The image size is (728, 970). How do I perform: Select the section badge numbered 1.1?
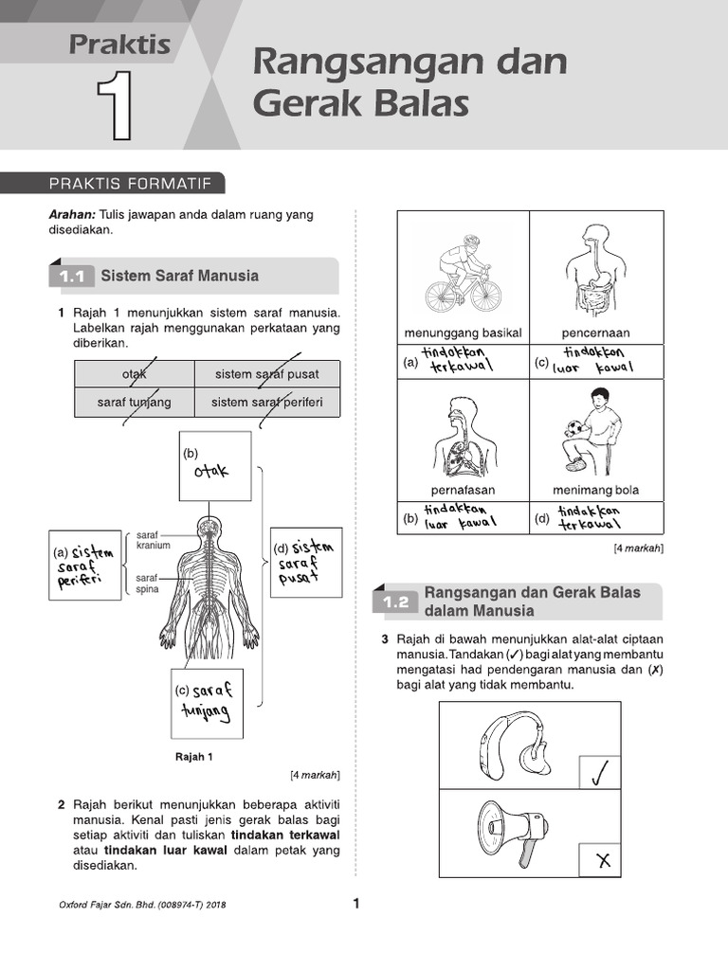tap(72, 277)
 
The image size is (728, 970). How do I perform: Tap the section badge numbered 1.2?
tap(396, 602)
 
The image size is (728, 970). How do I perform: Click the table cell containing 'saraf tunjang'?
tap(135, 403)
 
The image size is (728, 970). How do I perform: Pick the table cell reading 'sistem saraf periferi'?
tap(267, 403)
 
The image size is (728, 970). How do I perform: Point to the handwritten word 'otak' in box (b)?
tap(211, 473)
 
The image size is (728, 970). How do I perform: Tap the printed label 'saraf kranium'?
tap(154, 540)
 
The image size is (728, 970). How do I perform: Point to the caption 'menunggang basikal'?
tap(463, 333)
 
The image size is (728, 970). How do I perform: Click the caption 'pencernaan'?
tap(595, 333)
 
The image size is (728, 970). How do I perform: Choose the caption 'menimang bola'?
tap(595, 491)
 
